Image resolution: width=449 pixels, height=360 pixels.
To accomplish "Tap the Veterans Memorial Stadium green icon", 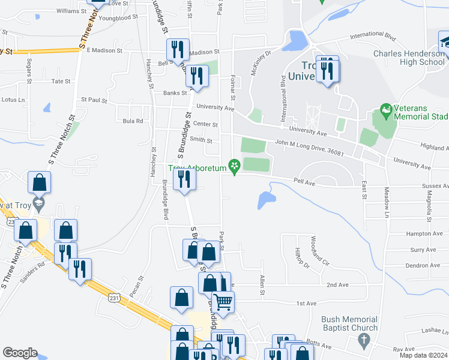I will [386, 110].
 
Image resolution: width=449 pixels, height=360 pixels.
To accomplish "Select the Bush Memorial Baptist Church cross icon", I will [362, 340].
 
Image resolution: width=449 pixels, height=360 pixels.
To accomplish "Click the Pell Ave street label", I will [304, 179].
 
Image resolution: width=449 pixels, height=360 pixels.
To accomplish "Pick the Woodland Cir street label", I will [321, 251].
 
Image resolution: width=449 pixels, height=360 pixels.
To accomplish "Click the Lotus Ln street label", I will [13, 100].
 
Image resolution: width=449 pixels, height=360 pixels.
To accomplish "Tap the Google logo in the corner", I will [20, 353].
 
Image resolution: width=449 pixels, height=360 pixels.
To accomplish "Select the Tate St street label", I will [61, 81].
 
